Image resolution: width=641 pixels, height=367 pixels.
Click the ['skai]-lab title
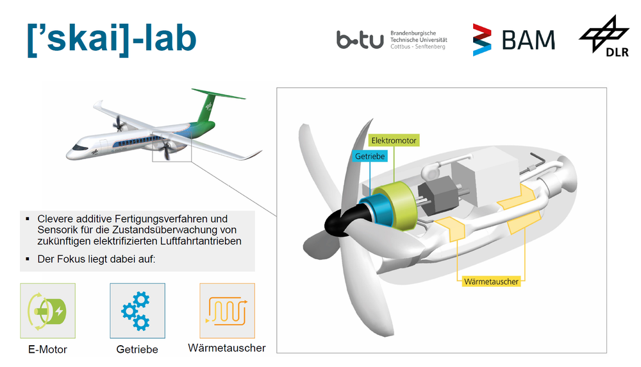point(112,40)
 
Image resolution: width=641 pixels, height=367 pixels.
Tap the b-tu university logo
point(392,40)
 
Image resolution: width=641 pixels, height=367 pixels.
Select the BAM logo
point(514,40)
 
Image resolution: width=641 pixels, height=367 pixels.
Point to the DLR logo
point(604,36)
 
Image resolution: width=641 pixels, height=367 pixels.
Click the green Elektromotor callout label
point(394,141)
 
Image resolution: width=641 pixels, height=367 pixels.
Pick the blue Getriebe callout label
point(370,157)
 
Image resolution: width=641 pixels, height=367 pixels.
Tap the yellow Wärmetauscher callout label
point(491,282)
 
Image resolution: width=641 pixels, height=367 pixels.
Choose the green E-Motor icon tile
point(48,311)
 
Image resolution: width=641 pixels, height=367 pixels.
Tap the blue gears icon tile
point(137,311)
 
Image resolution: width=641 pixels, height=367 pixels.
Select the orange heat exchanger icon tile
point(228,311)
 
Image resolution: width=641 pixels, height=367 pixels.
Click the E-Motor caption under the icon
point(47,350)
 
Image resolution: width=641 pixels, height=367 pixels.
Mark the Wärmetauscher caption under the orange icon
point(227,348)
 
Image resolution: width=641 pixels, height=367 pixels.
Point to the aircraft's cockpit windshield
point(79,148)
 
